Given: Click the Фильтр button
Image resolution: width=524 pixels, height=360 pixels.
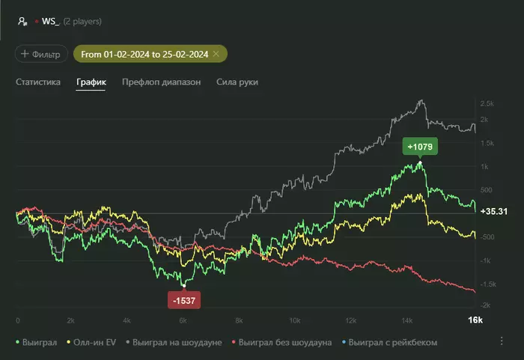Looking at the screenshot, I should pos(40,54).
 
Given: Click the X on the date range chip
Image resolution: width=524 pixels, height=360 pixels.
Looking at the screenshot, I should pos(216,54).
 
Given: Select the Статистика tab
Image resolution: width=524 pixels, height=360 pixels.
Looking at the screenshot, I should pos(38,82).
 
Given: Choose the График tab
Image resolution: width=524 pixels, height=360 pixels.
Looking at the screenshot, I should pos(91,82).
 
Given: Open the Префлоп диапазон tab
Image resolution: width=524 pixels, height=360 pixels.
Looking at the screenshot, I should pos(161,82).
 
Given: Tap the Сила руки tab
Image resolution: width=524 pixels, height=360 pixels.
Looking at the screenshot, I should pos(237,82).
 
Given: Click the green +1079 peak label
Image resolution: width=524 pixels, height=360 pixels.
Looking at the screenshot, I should pos(420,145).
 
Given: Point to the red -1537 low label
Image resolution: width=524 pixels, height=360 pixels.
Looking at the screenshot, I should pos(184,300).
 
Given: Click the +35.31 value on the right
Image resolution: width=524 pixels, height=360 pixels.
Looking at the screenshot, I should pos(494,212).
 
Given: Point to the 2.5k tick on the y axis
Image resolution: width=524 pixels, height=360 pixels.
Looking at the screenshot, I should pos(487,103).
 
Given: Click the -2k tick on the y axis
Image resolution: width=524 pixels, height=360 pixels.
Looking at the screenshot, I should pos(487,305).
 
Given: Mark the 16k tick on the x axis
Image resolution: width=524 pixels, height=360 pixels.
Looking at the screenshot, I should pos(475,320).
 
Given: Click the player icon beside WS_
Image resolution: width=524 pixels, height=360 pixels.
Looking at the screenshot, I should pos(22,22).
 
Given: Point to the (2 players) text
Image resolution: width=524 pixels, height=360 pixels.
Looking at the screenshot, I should pos(82,22).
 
